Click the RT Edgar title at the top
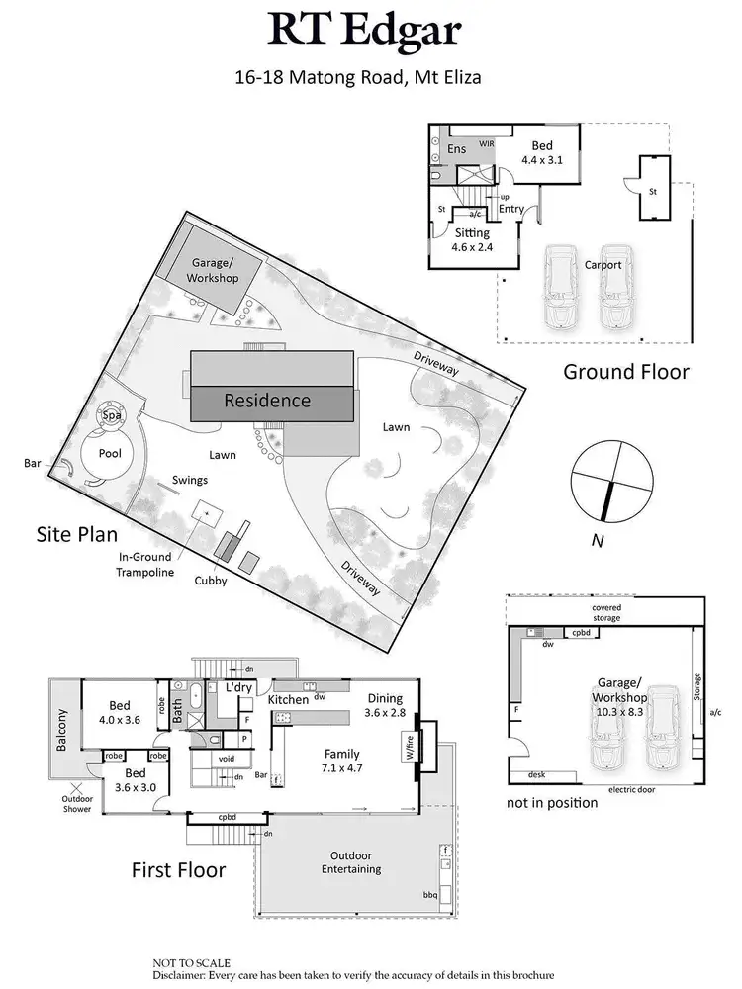369,32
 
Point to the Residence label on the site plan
267,401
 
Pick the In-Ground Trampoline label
143,565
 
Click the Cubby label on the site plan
211,581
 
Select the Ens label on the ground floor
456,149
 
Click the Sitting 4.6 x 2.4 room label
471,240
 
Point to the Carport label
603,265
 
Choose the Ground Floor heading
625,373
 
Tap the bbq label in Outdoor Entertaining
430,895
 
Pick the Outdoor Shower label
77,804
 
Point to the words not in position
552,803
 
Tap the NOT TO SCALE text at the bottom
191,961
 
